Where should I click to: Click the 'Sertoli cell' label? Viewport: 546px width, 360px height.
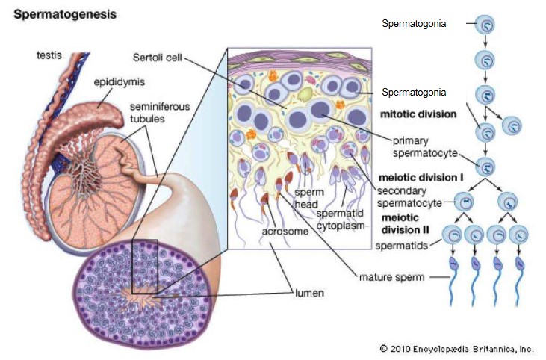point(157,57)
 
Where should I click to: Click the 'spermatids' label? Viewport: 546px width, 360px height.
point(403,243)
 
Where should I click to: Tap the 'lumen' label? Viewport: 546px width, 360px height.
point(308,293)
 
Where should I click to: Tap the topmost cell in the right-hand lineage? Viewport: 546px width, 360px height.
point(486,25)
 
